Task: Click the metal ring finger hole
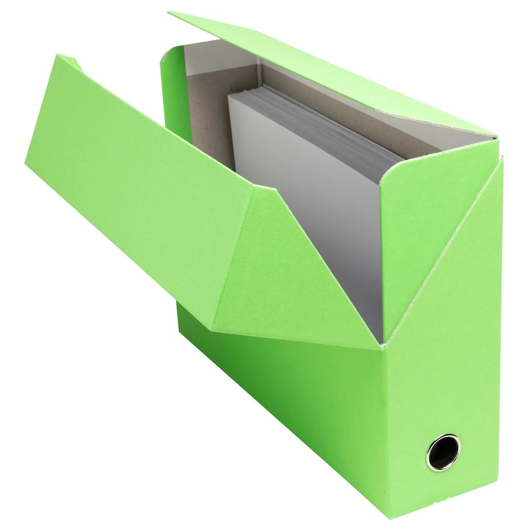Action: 442,452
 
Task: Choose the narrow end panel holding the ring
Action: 444,371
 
